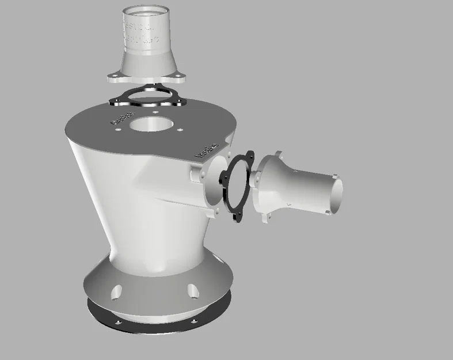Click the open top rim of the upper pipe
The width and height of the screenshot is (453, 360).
[146, 11]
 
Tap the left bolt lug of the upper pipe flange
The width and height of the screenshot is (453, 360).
[113, 74]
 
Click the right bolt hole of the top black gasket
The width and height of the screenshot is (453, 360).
[181, 101]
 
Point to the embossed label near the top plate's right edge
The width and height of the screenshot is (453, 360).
[206, 150]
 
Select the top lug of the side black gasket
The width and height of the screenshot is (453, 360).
[249, 154]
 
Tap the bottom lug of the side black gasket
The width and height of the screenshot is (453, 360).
[236, 217]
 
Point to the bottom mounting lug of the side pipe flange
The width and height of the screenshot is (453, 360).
[267, 217]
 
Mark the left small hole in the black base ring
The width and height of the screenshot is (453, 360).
[117, 322]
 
